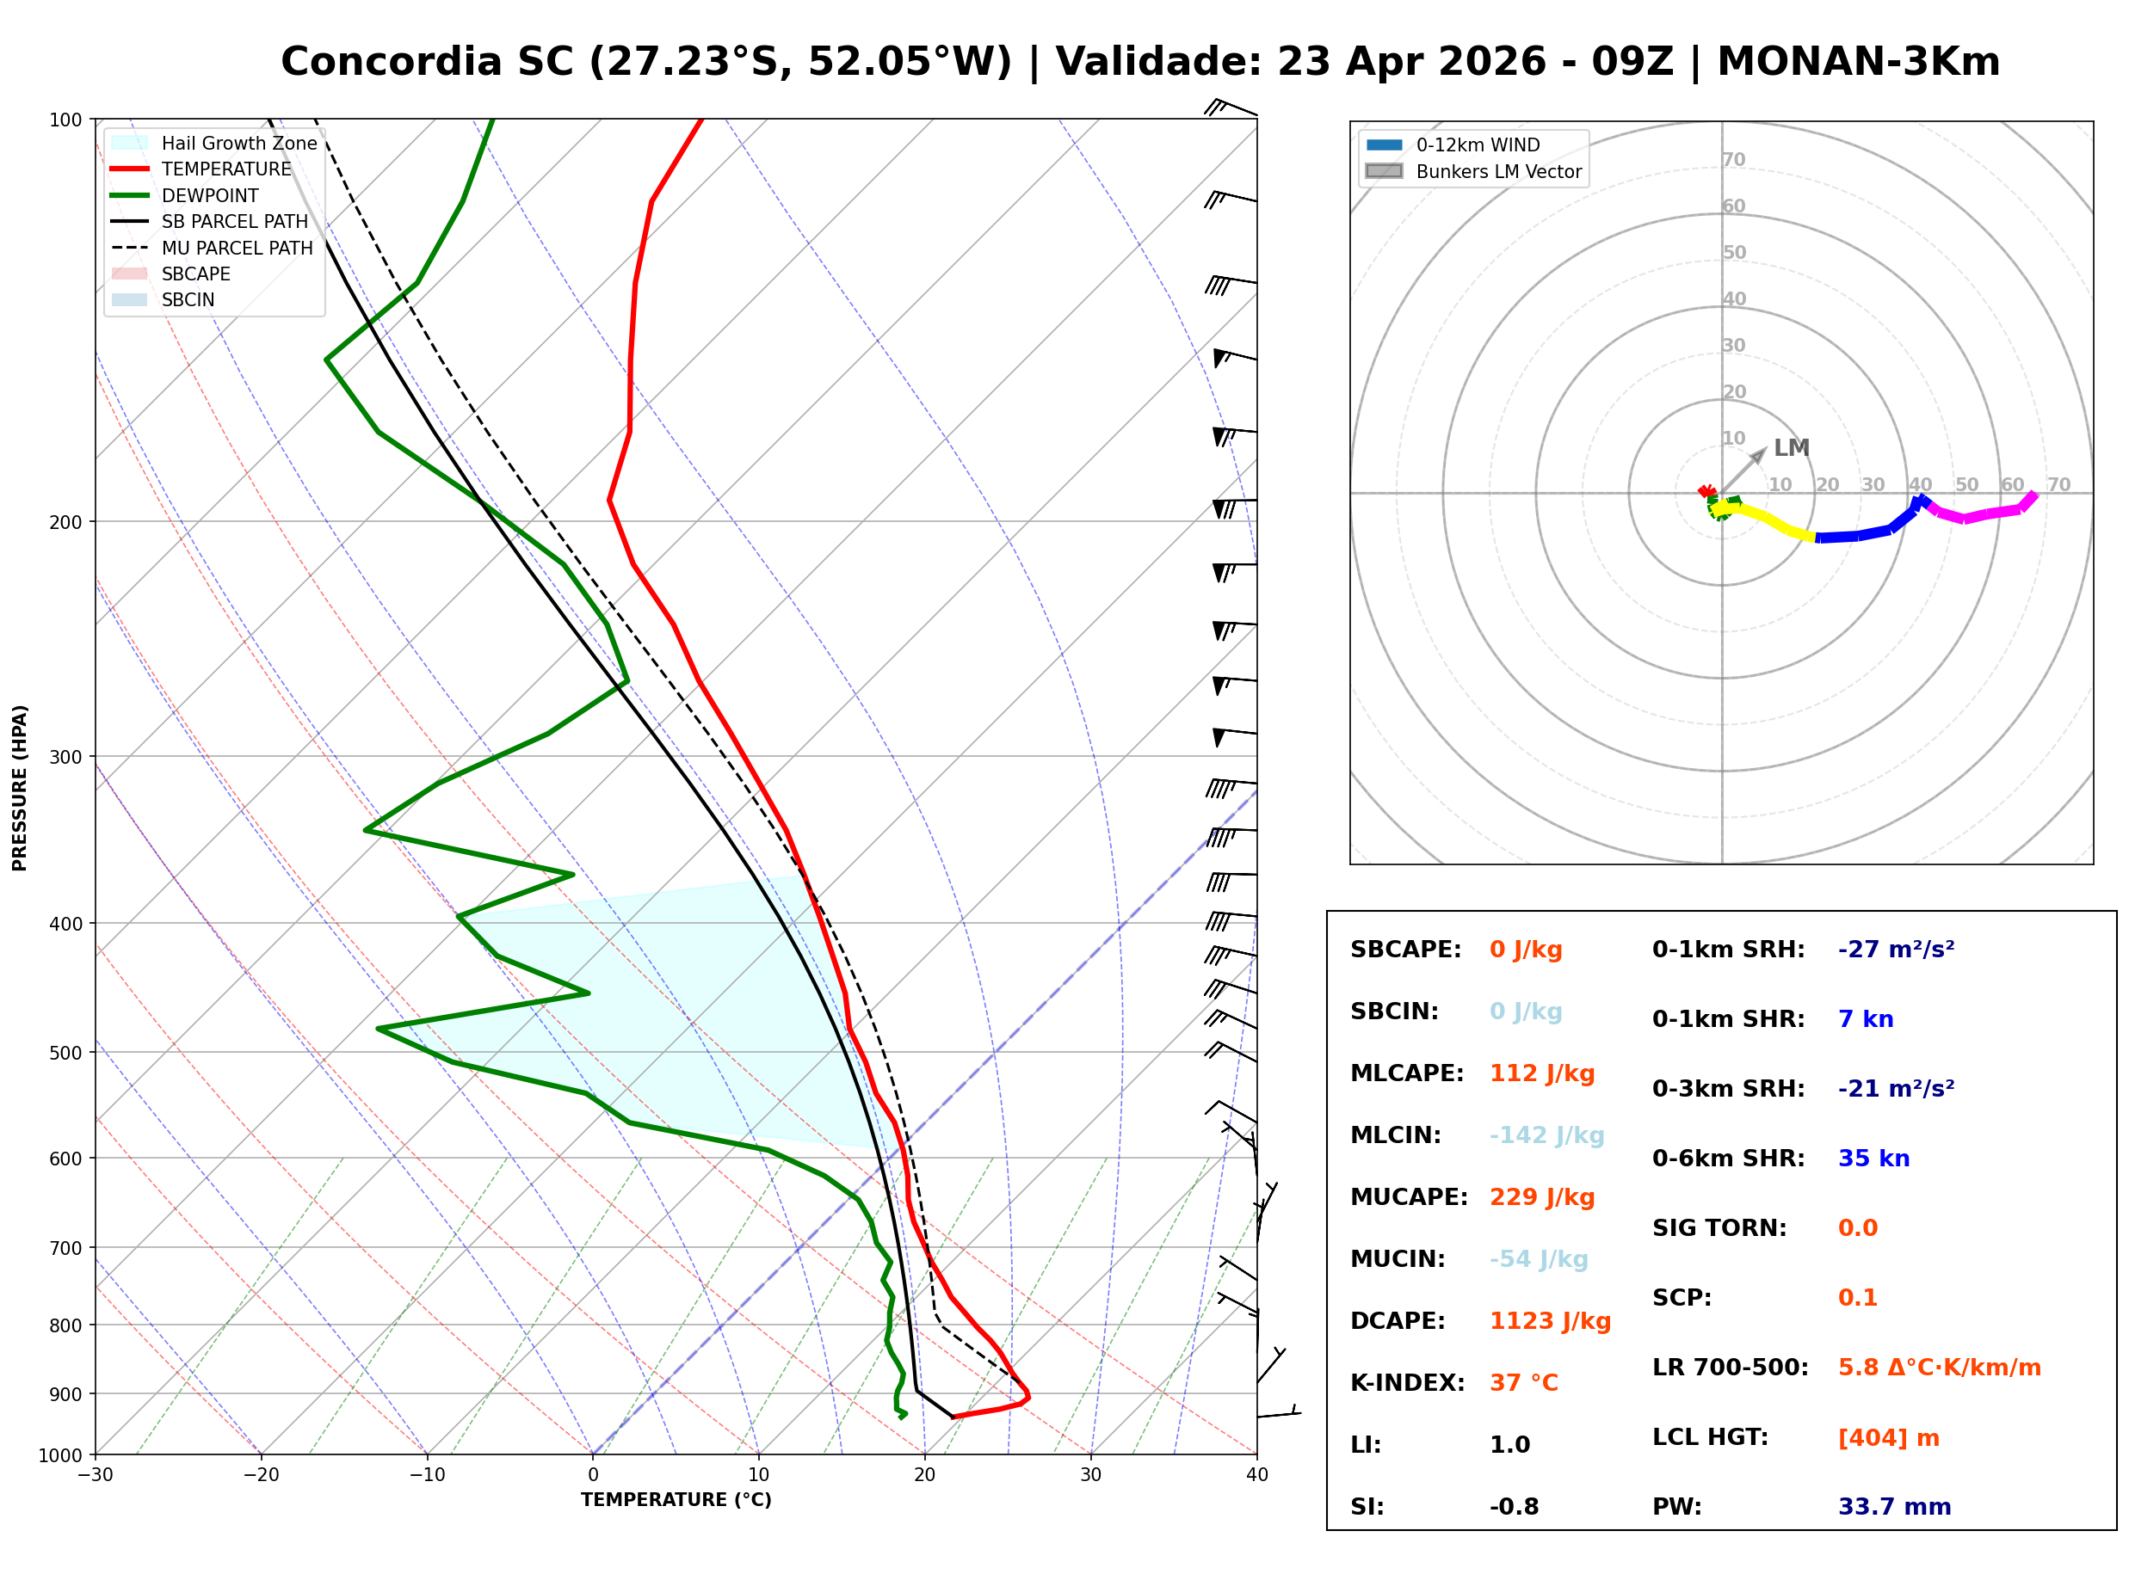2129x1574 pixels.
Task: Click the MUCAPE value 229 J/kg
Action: (x=1541, y=1196)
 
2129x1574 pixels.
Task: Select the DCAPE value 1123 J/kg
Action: (x=1550, y=1320)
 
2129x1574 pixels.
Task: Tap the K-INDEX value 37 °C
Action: (x=1523, y=1382)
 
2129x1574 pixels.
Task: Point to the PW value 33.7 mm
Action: (x=1893, y=1506)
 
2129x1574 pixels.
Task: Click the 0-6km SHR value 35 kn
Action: (x=1873, y=1159)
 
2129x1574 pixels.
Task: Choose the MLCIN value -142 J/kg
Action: (x=1546, y=1134)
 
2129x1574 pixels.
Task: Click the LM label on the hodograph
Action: (x=1791, y=448)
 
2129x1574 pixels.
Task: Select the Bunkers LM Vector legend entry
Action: (x=1497, y=171)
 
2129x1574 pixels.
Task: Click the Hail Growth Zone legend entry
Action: (x=238, y=143)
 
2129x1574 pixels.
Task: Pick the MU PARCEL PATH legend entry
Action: (x=237, y=248)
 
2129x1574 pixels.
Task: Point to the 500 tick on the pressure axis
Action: (x=65, y=1053)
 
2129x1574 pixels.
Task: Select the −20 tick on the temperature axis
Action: (x=260, y=1475)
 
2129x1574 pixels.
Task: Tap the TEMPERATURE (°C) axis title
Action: (x=676, y=1500)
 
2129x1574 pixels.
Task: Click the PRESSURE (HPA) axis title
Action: (x=20, y=787)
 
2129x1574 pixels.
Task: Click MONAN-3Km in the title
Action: (x=1857, y=62)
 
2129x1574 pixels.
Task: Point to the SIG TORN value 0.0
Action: (x=1856, y=1228)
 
